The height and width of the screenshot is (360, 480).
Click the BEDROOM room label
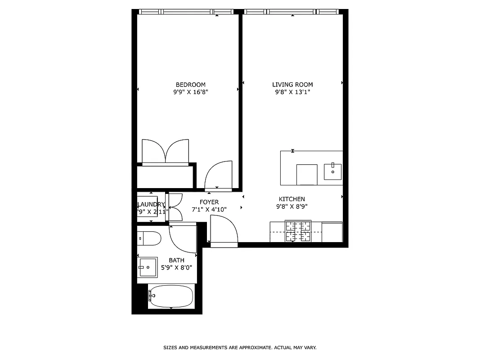coord(190,85)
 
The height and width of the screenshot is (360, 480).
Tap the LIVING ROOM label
coord(292,85)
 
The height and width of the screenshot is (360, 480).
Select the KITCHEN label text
coord(292,199)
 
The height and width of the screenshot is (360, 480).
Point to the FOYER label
coord(209,202)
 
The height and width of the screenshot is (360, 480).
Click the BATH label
coord(176,260)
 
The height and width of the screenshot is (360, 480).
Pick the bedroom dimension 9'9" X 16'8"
coord(190,92)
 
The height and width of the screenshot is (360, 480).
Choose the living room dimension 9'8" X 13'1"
coord(292,92)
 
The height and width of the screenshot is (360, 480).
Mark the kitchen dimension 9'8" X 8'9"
coord(292,207)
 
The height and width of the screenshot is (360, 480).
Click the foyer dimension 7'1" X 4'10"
coord(209,209)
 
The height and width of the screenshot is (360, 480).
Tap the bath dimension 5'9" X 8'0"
coord(176,268)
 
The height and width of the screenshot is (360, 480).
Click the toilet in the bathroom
coord(149,238)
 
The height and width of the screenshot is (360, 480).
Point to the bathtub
coord(171,296)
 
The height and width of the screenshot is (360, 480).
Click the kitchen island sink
coord(332,171)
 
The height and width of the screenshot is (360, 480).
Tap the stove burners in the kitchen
coord(298,231)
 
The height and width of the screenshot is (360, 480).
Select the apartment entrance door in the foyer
coord(224,230)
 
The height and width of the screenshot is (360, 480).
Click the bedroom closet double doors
coord(166,151)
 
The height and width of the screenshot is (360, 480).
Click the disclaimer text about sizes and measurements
coord(240,348)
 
